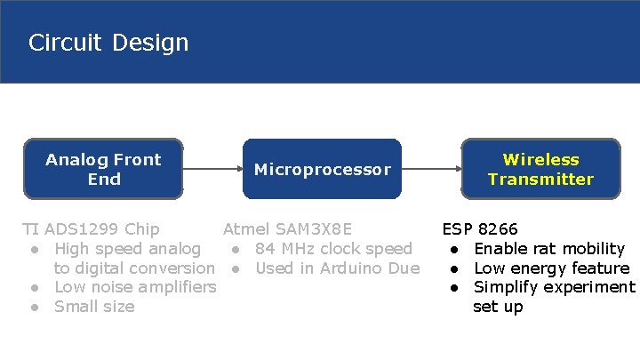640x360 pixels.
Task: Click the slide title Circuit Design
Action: click(108, 43)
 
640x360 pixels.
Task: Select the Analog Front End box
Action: click(103, 169)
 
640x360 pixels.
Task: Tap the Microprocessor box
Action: click(322, 169)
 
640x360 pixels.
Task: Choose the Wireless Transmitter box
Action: click(540, 169)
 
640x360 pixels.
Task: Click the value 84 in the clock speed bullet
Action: click(265, 249)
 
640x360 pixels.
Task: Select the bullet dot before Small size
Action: click(33, 307)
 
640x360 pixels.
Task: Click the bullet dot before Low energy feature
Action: click(452, 268)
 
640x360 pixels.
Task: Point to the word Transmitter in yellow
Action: click(540, 180)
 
